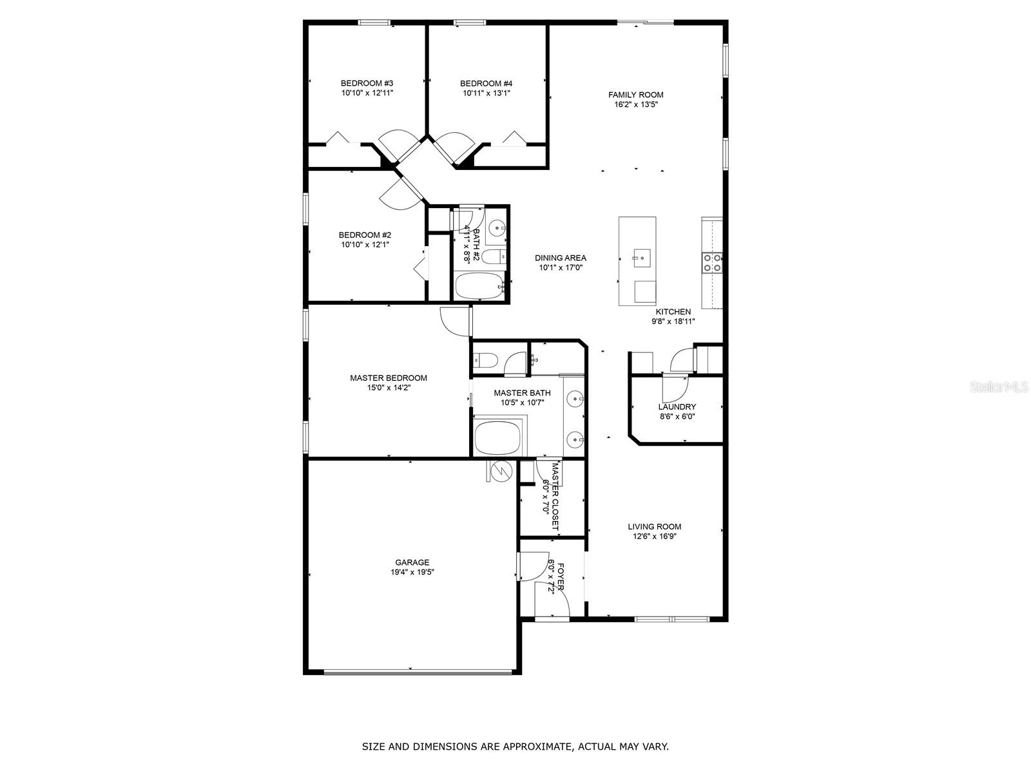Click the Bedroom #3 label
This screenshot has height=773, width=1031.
pyautogui.click(x=367, y=83)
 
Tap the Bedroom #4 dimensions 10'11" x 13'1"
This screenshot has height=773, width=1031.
pyautogui.click(x=486, y=93)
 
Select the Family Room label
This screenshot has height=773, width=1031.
pyautogui.click(x=635, y=95)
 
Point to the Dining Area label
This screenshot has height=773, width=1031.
pyautogui.click(x=561, y=258)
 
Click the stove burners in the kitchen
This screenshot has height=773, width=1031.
pyautogui.click(x=712, y=263)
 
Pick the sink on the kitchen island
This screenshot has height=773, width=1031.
pyautogui.click(x=642, y=258)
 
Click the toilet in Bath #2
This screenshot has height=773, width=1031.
pyautogui.click(x=494, y=257)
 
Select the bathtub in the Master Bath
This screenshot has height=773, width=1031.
pyautogui.click(x=498, y=437)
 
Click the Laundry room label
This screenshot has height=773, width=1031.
pyautogui.click(x=677, y=407)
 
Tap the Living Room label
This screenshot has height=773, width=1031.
pyautogui.click(x=654, y=526)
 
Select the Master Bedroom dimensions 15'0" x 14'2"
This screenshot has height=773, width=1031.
pyautogui.click(x=389, y=388)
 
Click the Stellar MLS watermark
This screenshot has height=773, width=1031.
pyautogui.click(x=999, y=386)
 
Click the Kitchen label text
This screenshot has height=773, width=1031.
pyautogui.click(x=673, y=312)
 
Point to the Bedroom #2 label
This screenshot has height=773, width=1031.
pyautogui.click(x=365, y=234)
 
